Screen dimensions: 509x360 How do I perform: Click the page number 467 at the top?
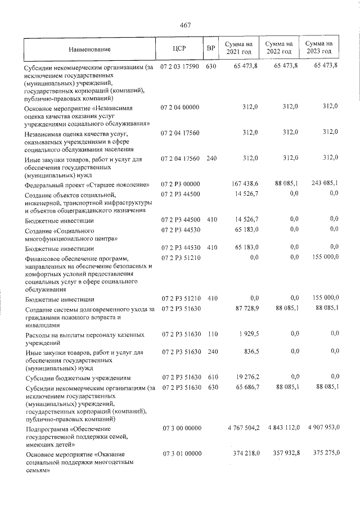pos(186,25)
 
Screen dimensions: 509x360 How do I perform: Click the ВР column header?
pos(211,49)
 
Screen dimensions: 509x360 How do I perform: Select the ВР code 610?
pos(211,376)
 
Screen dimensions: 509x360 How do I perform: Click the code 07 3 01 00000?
pos(181,453)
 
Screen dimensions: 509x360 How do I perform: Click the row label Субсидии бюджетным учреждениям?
pos(78,377)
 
